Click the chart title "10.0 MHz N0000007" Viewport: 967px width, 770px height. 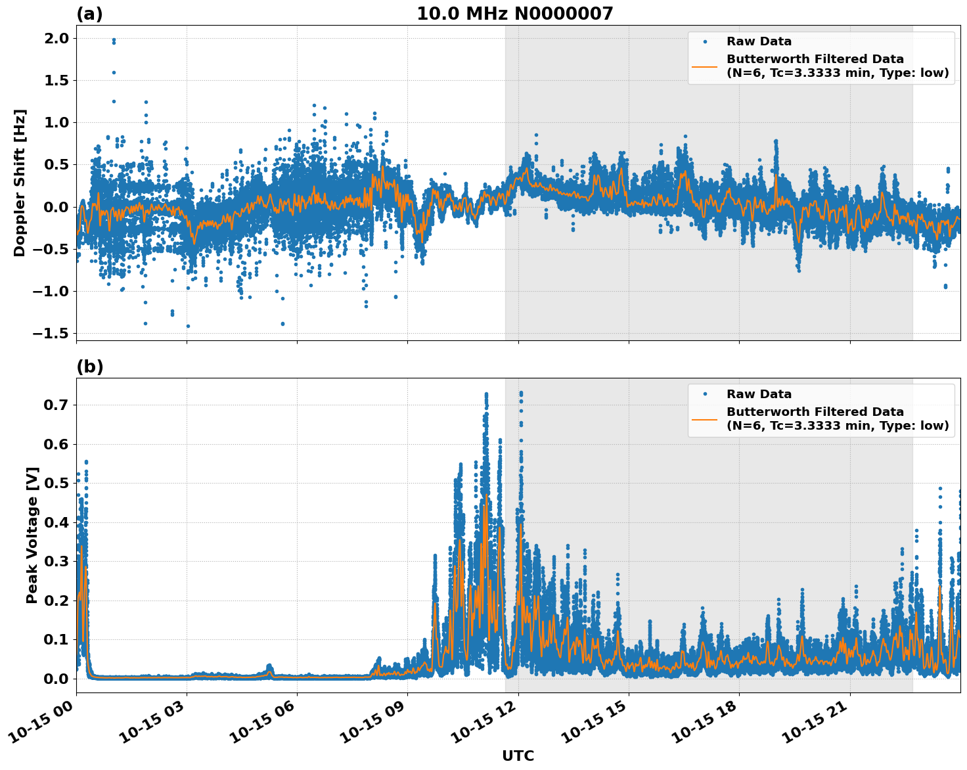point(514,14)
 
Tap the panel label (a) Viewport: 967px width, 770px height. point(89,14)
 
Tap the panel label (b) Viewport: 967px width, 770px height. point(89,367)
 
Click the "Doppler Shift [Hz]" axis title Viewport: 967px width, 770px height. point(20,183)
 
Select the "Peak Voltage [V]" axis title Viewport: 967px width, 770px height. point(32,535)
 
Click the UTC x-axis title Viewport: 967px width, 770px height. point(518,756)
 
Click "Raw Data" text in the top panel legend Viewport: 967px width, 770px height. point(759,42)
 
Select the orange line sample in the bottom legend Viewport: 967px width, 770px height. point(705,419)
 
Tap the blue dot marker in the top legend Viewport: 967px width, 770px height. point(705,42)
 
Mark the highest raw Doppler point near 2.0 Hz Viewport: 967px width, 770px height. point(114,39)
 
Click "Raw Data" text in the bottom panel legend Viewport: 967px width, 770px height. point(759,394)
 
